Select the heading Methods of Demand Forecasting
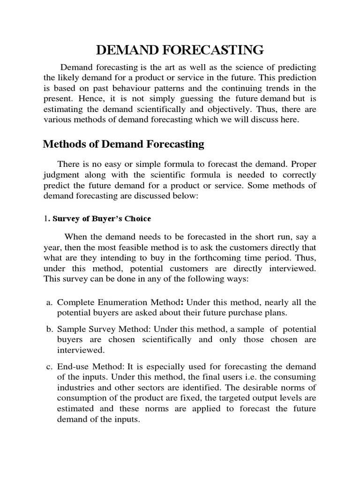[123, 144]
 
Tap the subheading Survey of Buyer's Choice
[102, 218]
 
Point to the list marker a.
[49, 302]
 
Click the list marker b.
[49, 330]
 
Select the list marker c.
[49, 366]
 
